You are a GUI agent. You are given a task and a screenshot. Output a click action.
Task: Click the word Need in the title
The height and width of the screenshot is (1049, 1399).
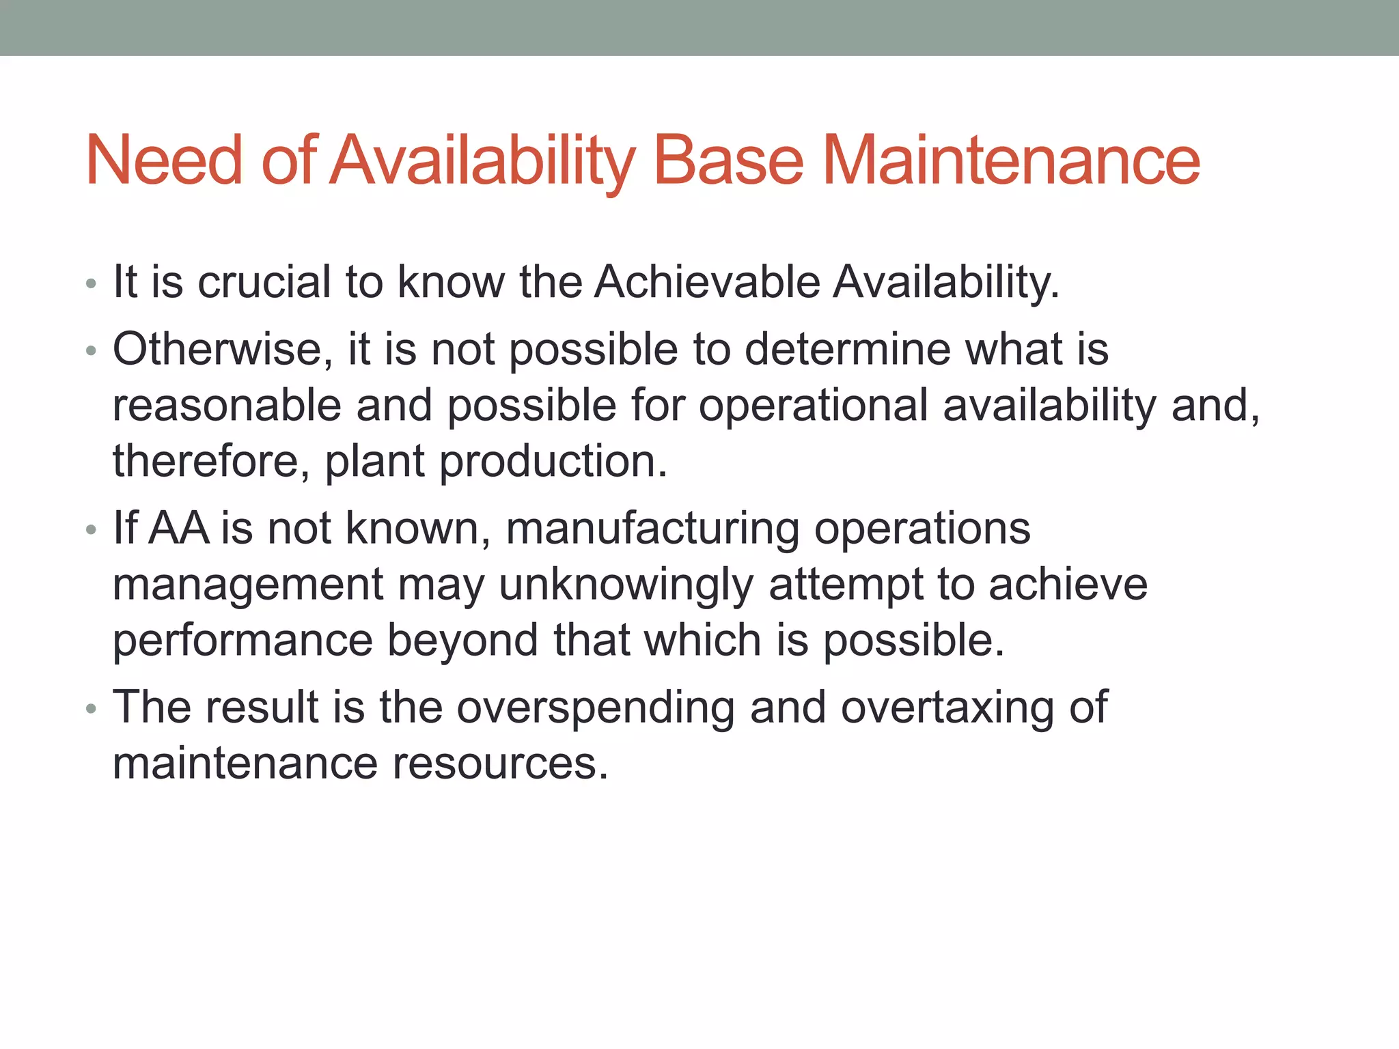coord(164,160)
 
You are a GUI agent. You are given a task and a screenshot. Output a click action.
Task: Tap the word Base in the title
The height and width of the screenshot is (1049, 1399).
coord(728,160)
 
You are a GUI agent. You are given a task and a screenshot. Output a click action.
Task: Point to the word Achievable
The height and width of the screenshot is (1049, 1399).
coord(706,281)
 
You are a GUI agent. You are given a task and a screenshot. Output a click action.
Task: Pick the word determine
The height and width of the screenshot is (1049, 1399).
coord(846,349)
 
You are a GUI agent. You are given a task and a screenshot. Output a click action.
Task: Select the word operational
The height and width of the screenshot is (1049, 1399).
coord(813,405)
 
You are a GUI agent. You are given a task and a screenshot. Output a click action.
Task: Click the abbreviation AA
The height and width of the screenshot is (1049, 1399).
coord(178,528)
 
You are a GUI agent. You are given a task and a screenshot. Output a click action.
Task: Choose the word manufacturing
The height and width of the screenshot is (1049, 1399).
coord(652,529)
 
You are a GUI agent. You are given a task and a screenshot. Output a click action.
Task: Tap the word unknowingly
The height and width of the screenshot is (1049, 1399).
coord(626,585)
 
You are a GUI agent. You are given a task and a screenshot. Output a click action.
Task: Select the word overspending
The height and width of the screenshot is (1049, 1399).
coord(596,708)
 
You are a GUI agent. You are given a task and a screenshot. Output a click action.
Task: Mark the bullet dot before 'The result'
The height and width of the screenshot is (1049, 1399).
coord(92,710)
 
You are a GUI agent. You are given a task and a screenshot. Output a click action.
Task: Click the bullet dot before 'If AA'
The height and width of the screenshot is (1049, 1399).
coord(92,531)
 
